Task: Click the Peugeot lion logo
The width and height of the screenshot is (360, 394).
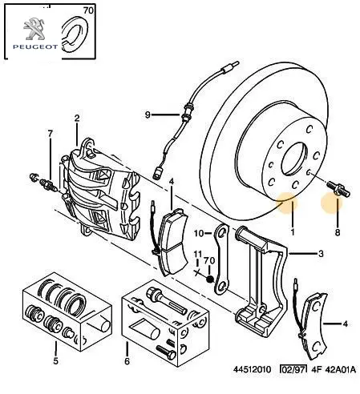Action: coord(34,29)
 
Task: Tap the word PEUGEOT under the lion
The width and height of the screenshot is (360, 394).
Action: coord(35,47)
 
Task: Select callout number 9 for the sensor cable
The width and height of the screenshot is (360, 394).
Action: coord(148,115)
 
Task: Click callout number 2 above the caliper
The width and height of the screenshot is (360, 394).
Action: coord(77,118)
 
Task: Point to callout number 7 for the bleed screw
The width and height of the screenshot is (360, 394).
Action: coord(51,134)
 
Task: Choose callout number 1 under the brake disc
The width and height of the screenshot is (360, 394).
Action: coord(293,232)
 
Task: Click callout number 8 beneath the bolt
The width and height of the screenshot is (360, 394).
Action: coord(338,232)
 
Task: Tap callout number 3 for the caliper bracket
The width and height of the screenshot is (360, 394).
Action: coord(321,254)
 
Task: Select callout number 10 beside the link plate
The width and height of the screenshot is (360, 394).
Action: coord(199,234)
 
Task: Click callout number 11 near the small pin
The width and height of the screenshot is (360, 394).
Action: coord(197,254)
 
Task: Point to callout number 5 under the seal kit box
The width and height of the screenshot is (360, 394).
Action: coord(55,361)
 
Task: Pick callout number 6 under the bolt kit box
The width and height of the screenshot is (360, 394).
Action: coord(127,361)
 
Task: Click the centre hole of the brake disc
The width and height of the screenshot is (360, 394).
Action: coord(293,159)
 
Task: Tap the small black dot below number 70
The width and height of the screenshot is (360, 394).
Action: coord(210,279)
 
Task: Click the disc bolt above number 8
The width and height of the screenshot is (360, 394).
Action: coord(338,188)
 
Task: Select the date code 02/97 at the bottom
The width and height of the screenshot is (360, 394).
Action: coord(293,369)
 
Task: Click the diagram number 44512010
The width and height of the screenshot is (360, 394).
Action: coord(253,369)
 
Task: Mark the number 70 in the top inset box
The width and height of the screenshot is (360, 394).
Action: coord(88,10)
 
